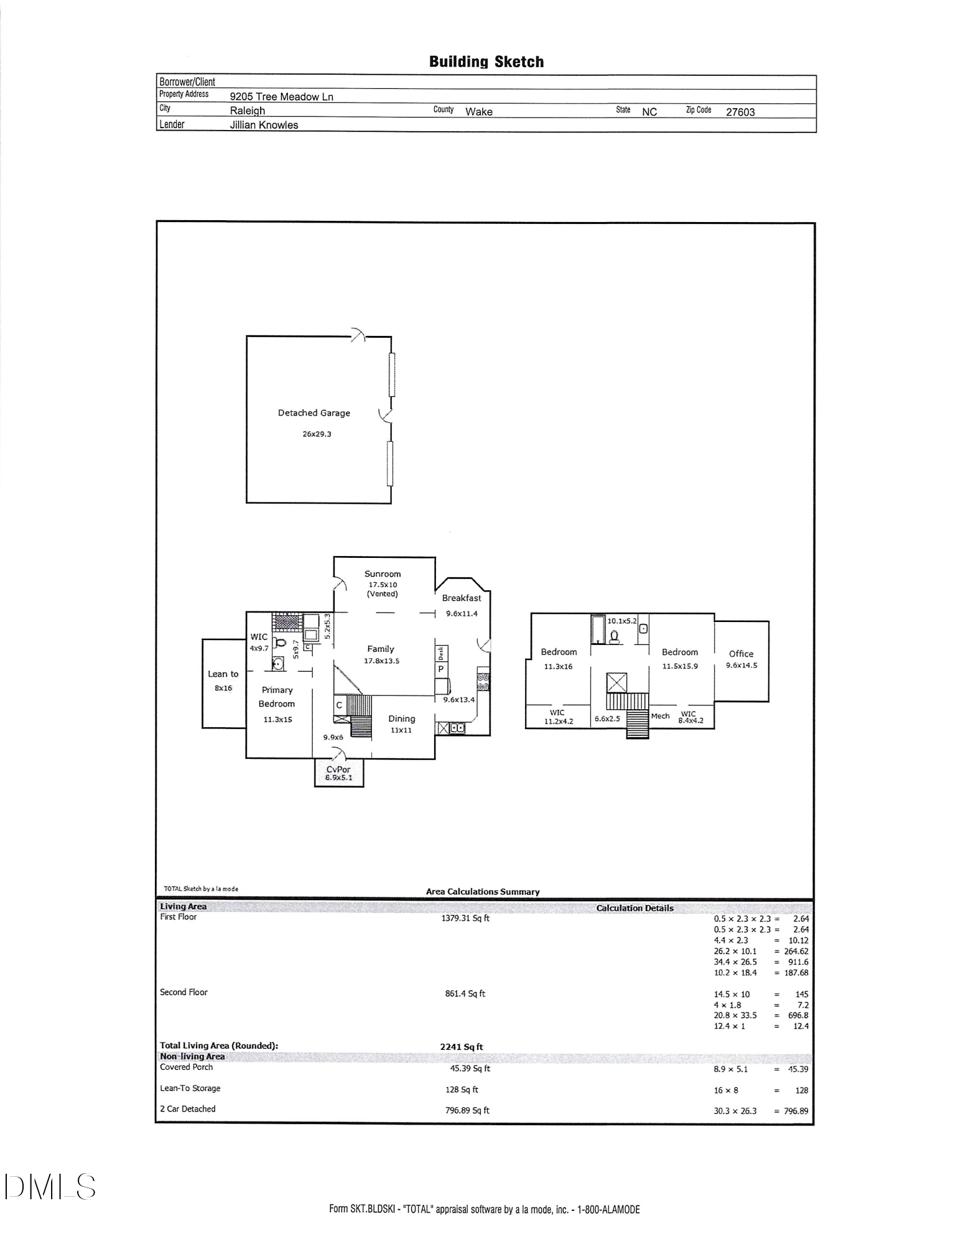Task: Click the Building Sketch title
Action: (486, 62)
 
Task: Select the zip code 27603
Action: (740, 112)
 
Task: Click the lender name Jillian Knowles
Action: (264, 125)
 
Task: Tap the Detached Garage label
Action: (313, 413)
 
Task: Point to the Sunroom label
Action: (383, 574)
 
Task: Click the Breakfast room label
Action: (462, 598)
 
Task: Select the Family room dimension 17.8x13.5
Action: (381, 661)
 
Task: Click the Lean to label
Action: (223, 674)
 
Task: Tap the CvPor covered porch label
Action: (339, 769)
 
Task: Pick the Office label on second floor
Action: (741, 654)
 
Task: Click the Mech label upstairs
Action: (660, 716)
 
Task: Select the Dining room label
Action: (401, 718)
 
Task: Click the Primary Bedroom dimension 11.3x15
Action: (277, 720)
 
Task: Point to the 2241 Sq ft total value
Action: (461, 1047)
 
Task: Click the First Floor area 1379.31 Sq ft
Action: (465, 918)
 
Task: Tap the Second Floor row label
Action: (183, 992)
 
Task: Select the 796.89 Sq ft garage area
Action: (467, 1110)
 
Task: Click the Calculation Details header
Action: (634, 908)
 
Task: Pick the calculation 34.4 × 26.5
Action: (735, 962)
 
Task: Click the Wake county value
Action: (478, 112)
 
